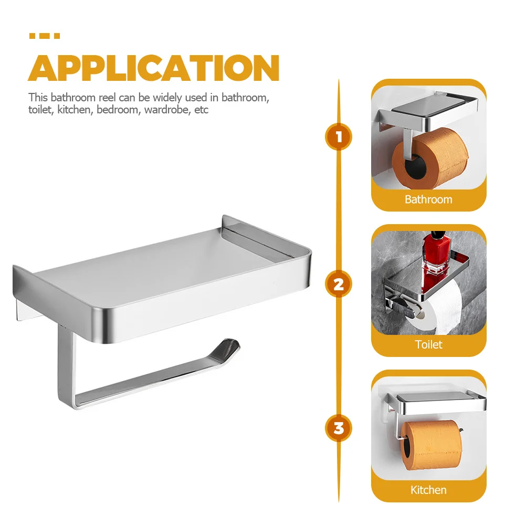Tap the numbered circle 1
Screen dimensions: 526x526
coord(339,138)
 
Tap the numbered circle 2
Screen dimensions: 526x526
coord(339,284)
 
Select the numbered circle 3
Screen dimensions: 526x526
coord(339,428)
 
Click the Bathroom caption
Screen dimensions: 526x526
coord(428,199)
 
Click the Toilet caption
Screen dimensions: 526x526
coord(428,345)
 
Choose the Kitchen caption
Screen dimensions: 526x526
coord(428,490)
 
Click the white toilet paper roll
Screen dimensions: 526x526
coord(441,310)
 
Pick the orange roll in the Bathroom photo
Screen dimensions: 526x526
coord(430,157)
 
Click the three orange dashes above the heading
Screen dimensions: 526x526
coord(44,36)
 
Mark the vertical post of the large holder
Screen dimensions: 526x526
coord(64,367)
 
